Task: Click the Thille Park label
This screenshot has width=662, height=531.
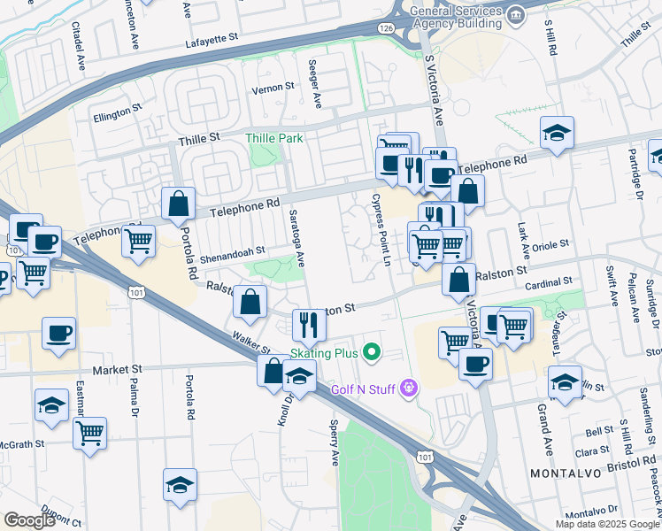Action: pos(274,138)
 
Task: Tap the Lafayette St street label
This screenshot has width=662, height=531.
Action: pos(213,40)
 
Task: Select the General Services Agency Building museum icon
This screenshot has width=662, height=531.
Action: pos(513,15)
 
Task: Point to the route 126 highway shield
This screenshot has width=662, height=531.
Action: pos(389,29)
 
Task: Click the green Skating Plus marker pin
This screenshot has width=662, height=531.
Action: pos(373,354)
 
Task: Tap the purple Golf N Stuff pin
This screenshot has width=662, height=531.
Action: pos(408,388)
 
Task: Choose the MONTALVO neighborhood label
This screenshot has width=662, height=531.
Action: pos(566,473)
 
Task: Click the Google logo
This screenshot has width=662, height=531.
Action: pos(30,520)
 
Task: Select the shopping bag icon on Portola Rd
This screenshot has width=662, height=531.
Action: pos(179,204)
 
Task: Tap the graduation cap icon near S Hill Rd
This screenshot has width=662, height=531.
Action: pos(558,134)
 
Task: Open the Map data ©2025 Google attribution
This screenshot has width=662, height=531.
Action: pos(607,524)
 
